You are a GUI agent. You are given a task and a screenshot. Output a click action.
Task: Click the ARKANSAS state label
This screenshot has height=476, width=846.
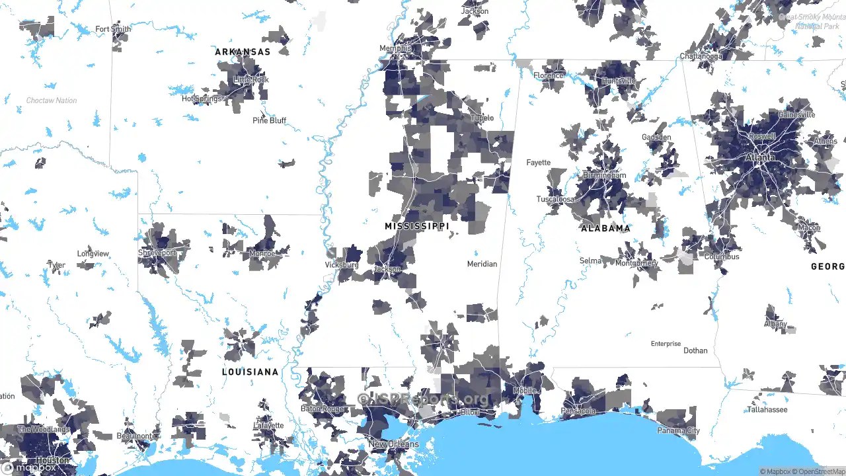(243, 52)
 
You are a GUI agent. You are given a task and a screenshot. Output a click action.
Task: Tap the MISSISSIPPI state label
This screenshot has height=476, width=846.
(416, 226)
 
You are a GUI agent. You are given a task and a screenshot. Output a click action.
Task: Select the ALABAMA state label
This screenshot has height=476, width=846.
(605, 228)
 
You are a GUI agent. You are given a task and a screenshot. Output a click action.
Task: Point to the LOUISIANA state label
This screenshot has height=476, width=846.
(250, 372)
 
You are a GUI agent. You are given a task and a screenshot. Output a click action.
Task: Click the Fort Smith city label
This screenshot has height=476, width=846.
(113, 29)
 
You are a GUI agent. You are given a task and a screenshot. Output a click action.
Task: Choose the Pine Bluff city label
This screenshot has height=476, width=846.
(269, 120)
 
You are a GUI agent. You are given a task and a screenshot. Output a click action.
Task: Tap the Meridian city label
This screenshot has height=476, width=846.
(482, 264)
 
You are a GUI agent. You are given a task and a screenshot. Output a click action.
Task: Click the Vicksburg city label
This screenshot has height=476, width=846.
(342, 265)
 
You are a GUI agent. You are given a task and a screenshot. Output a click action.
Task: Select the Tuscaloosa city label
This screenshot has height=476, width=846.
(555, 199)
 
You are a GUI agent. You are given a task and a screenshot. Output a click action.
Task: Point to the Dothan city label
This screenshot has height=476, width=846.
(695, 350)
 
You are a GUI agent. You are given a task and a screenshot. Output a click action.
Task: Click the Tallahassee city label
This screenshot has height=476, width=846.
(767, 410)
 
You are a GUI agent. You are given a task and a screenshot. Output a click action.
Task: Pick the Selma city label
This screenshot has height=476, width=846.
(590, 260)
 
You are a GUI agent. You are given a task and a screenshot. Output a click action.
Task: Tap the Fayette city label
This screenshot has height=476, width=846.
(538, 163)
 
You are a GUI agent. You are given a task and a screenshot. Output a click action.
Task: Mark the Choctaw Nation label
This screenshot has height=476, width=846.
(52, 100)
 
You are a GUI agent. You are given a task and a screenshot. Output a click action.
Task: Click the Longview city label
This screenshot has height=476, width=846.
(93, 254)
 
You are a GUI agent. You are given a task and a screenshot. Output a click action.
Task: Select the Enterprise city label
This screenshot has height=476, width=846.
(666, 344)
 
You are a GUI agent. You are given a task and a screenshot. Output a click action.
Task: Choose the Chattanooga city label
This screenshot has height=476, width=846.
(701, 56)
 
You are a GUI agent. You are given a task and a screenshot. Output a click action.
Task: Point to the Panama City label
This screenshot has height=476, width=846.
(679, 431)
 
